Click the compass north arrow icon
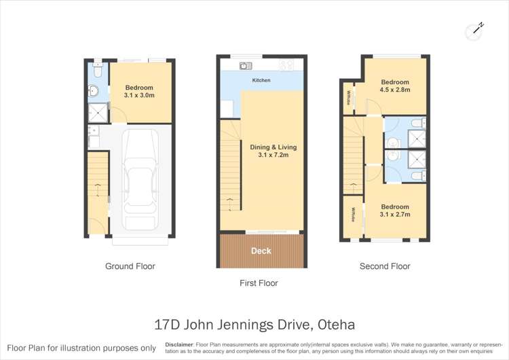click(475, 29)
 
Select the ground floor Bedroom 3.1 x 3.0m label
click(139, 92)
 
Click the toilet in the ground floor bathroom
click(98, 71)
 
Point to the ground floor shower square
click(97, 112)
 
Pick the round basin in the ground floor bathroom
click(94, 91)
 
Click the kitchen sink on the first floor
click(245, 66)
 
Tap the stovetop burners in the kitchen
click(286, 66)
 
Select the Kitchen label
click(261, 81)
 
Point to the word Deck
click(261, 251)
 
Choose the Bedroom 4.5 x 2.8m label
click(394, 85)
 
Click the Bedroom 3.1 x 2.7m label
click(394, 211)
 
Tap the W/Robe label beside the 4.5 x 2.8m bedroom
click(349, 98)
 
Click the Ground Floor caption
click(130, 266)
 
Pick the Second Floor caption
click(385, 266)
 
